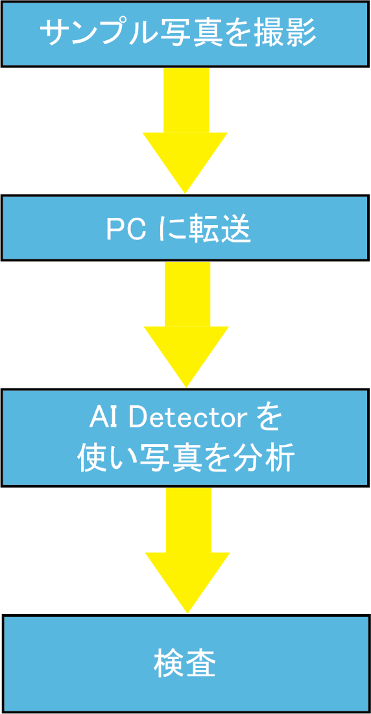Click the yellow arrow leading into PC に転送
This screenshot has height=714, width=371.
pos(185,131)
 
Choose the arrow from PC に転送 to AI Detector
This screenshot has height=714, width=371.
pos(186,324)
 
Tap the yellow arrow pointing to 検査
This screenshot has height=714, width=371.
pos(187,550)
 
